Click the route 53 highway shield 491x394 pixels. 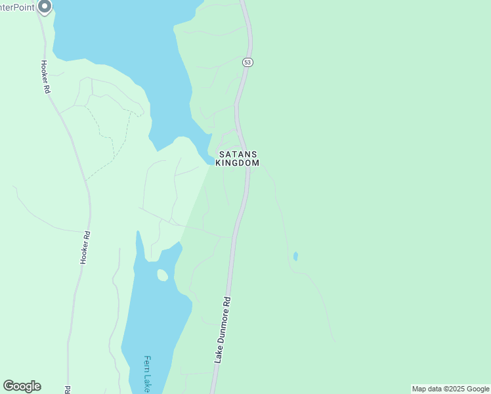[247, 62]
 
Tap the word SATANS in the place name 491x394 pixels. [238, 154]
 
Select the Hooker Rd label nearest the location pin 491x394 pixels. [45, 76]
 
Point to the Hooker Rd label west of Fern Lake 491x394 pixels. [85, 247]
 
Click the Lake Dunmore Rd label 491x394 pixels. [224, 330]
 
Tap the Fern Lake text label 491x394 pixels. [148, 375]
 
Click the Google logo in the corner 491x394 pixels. [22, 386]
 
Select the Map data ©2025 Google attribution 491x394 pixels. [450, 389]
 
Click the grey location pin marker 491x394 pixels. [45, 7]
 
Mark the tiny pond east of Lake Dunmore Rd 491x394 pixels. [295, 256]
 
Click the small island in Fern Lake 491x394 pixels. [162, 274]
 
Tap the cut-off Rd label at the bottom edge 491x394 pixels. [68, 389]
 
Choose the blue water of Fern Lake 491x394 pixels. [148, 315]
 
